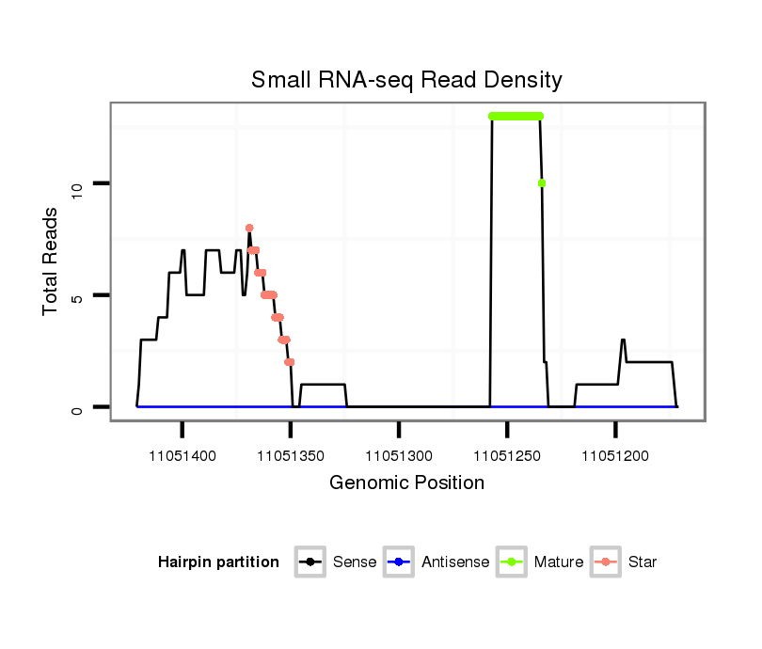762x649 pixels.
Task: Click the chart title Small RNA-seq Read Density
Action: [x=406, y=80]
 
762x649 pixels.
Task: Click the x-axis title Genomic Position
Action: [x=406, y=483]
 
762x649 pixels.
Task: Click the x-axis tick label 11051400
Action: [x=183, y=456]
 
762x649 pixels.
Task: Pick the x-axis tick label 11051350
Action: [x=292, y=456]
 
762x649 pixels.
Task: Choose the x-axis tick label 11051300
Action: [x=400, y=456]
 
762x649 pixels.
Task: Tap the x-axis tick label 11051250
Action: [x=508, y=456]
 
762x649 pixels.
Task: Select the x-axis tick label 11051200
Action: [x=616, y=456]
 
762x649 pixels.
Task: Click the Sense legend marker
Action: [x=310, y=562]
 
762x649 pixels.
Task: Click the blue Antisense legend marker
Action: [x=398, y=562]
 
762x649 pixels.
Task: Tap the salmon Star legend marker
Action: [x=605, y=562]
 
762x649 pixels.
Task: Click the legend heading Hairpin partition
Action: [x=218, y=562]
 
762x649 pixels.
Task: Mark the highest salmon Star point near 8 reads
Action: [x=249, y=228]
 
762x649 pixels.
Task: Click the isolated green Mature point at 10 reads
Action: [x=542, y=183]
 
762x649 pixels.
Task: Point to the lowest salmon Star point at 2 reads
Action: [x=290, y=362]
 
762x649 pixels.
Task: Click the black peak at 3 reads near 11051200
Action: [x=623, y=340]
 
